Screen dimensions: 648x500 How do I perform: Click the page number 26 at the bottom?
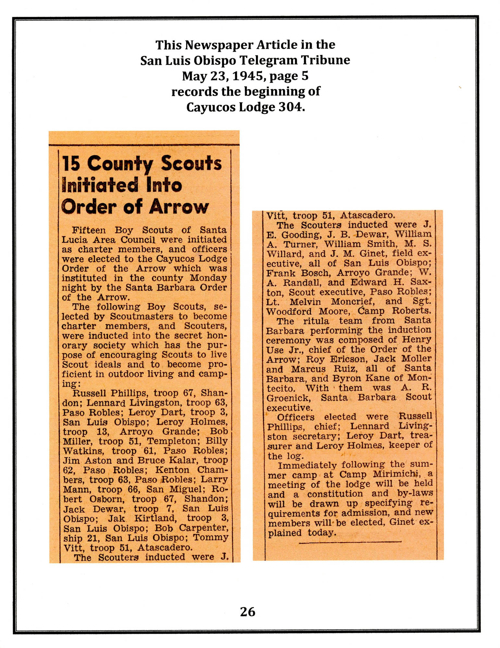pos(248,611)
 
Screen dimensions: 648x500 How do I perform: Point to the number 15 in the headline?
pos(71,163)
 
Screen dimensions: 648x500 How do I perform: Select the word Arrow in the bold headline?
pos(179,207)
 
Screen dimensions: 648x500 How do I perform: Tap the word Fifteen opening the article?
pos(89,230)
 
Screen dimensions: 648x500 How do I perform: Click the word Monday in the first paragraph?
pos(208,278)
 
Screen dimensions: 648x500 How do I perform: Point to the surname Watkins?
pos(83,451)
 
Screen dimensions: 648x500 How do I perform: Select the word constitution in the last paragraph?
pos(335,494)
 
